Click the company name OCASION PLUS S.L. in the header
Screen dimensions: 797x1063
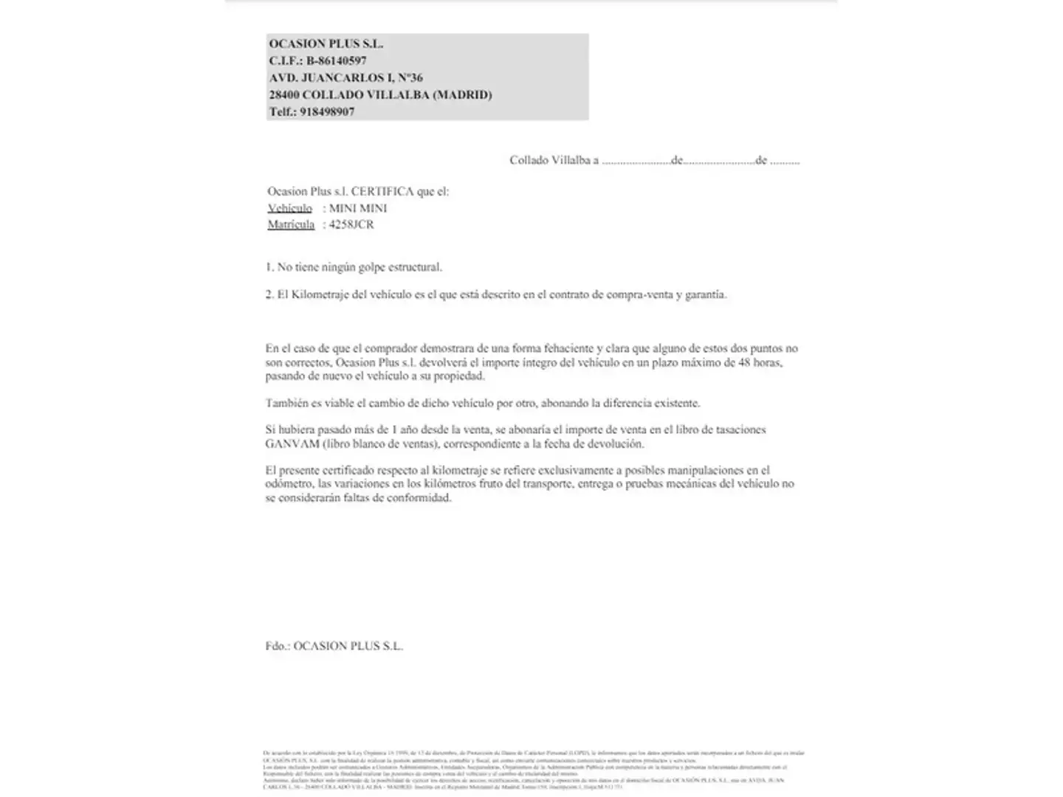(326, 44)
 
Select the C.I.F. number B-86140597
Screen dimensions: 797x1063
(337, 61)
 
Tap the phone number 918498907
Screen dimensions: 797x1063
(327, 111)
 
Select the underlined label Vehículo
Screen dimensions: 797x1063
(289, 209)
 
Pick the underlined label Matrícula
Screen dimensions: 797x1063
(291, 225)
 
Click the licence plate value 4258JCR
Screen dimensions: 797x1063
(351, 224)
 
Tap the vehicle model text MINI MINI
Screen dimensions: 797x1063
(358, 208)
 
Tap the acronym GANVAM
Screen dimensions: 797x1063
(292, 444)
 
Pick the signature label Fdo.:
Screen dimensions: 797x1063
(278, 646)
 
